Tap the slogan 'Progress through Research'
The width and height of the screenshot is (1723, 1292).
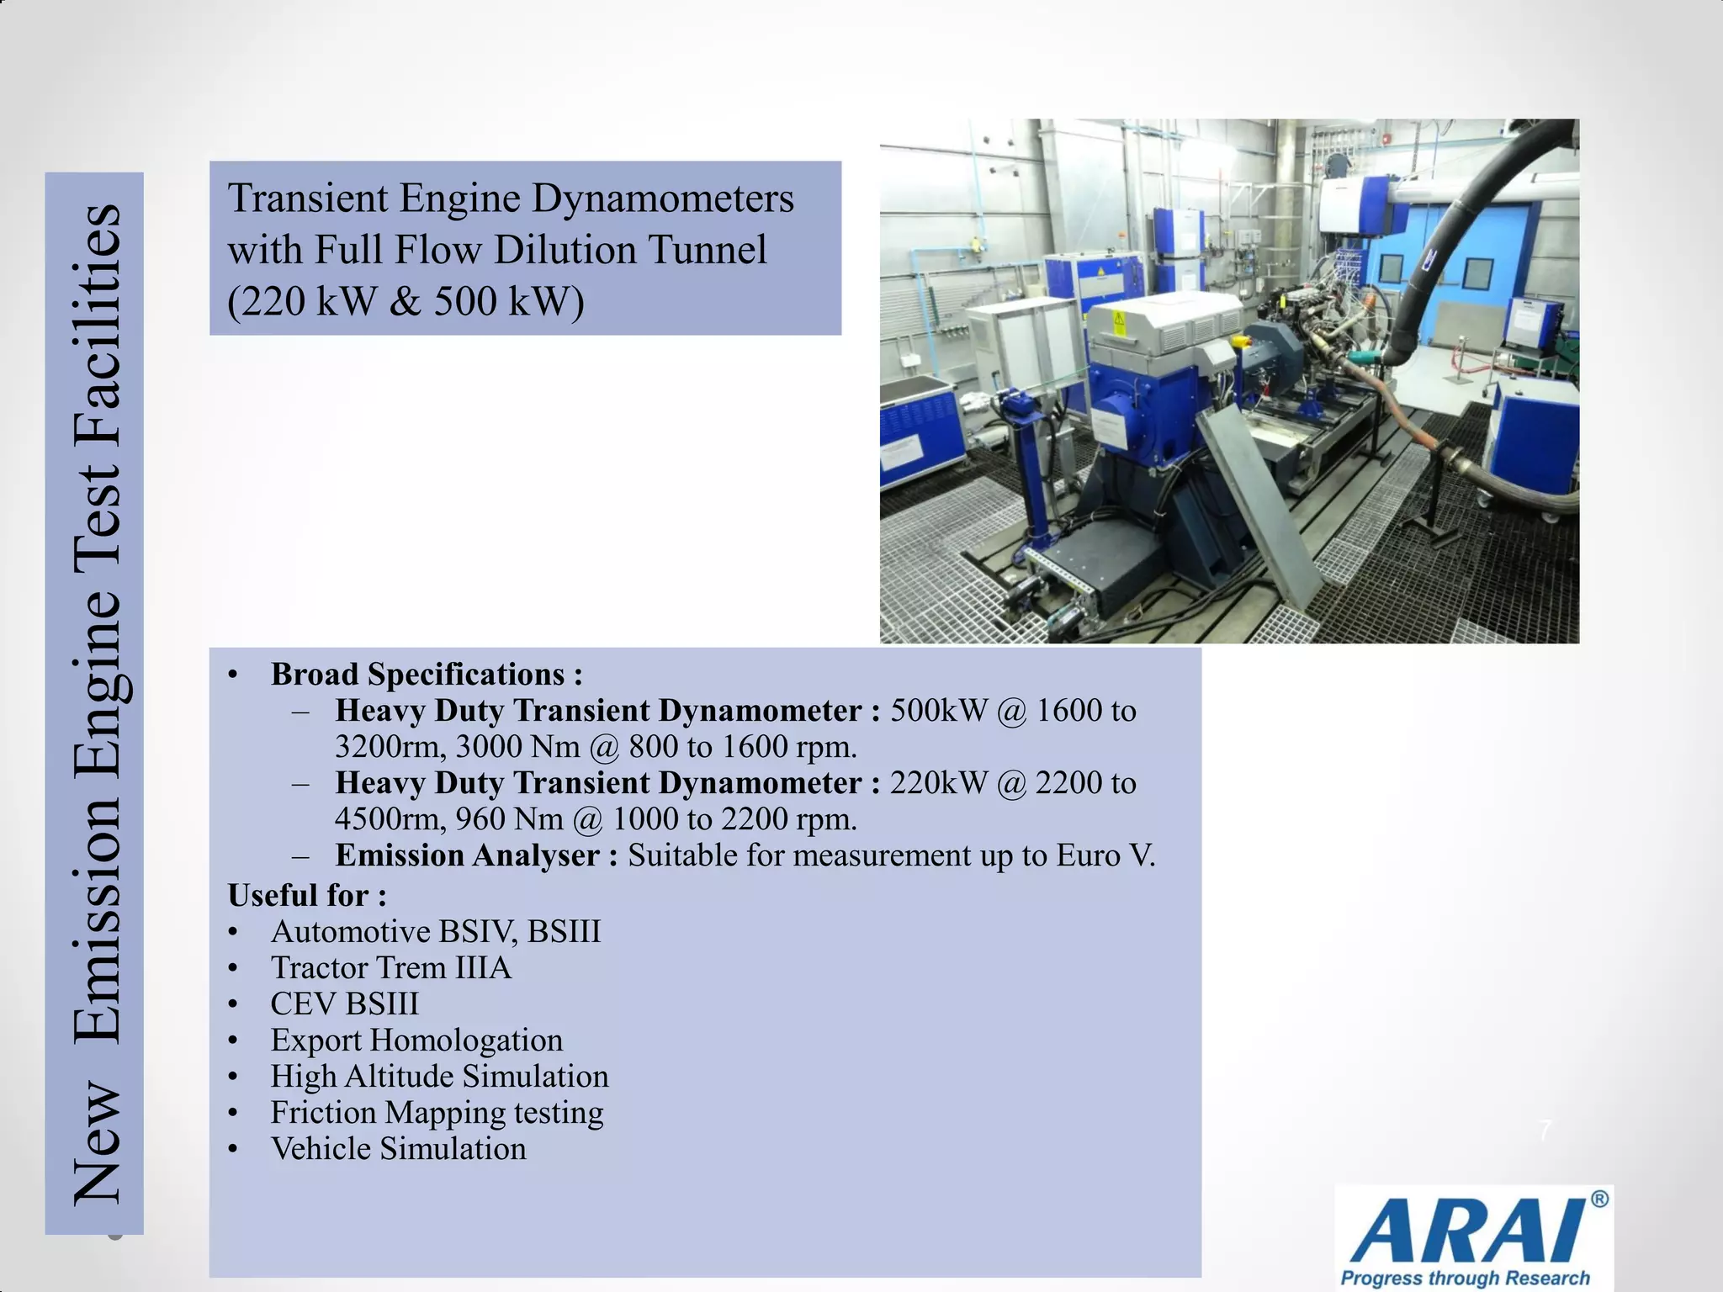pos(1465,1278)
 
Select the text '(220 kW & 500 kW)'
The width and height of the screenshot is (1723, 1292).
pos(406,301)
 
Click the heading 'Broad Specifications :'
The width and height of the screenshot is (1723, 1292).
pos(427,675)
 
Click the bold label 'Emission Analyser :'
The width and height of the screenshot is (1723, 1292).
pos(476,855)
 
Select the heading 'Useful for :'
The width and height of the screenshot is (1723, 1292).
pos(307,895)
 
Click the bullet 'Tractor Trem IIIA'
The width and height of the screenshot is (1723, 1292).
pos(390,968)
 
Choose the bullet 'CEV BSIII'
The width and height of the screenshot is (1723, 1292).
pos(344,1004)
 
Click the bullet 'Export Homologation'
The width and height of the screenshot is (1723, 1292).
pos(416,1040)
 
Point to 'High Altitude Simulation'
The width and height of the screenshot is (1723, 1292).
pos(439,1077)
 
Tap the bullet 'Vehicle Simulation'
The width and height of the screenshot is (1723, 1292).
pos(398,1149)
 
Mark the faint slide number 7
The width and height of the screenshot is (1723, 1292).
pos(1545,1131)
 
